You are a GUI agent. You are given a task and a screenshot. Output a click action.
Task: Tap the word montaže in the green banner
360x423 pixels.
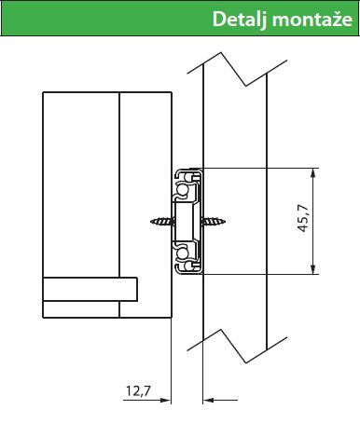click(312, 20)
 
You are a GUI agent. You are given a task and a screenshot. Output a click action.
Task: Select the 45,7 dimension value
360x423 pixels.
click(303, 218)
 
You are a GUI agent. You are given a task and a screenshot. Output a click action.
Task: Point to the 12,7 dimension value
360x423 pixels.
click(138, 390)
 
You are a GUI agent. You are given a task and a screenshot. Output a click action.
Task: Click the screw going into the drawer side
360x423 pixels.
click(161, 222)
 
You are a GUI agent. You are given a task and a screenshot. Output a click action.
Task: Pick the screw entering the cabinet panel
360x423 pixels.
click(214, 222)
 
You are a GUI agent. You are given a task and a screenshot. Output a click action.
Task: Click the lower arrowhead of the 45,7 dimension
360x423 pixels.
click(313, 269)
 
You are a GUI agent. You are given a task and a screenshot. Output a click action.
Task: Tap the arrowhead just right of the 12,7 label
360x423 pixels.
click(166, 400)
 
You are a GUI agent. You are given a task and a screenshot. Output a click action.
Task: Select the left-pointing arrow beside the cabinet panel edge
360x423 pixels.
click(220, 400)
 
